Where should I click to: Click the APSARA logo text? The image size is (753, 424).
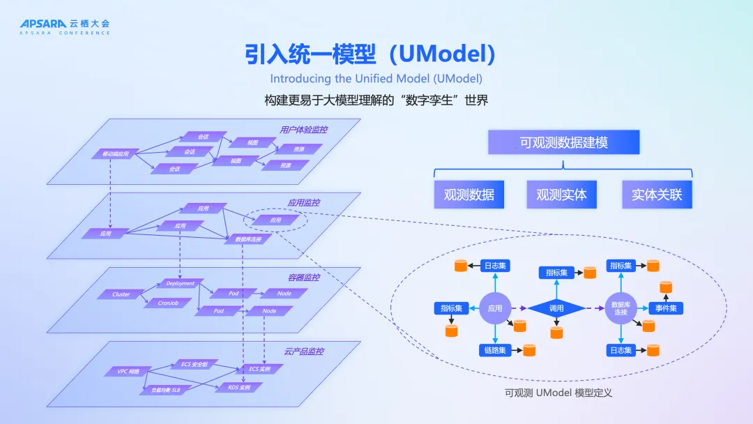(38, 24)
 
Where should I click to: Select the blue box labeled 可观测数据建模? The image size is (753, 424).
(563, 142)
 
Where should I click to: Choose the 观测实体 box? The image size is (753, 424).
(561, 195)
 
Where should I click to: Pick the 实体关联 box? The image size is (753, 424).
(657, 195)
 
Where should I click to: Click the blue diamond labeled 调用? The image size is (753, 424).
(556, 308)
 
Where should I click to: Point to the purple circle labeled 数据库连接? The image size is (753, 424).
(621, 308)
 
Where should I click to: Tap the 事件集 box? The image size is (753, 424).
(667, 308)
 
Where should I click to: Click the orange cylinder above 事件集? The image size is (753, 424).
(666, 287)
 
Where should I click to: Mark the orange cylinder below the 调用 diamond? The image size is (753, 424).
(556, 333)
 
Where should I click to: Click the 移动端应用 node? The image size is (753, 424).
(116, 153)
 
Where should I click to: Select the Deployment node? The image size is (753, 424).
(181, 284)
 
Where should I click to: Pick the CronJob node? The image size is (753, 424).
(169, 303)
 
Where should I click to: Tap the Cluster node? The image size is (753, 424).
(121, 294)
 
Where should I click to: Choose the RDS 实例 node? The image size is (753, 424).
(239, 387)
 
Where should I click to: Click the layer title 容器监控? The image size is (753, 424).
(303, 278)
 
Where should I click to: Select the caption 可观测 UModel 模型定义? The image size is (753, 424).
(558, 393)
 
